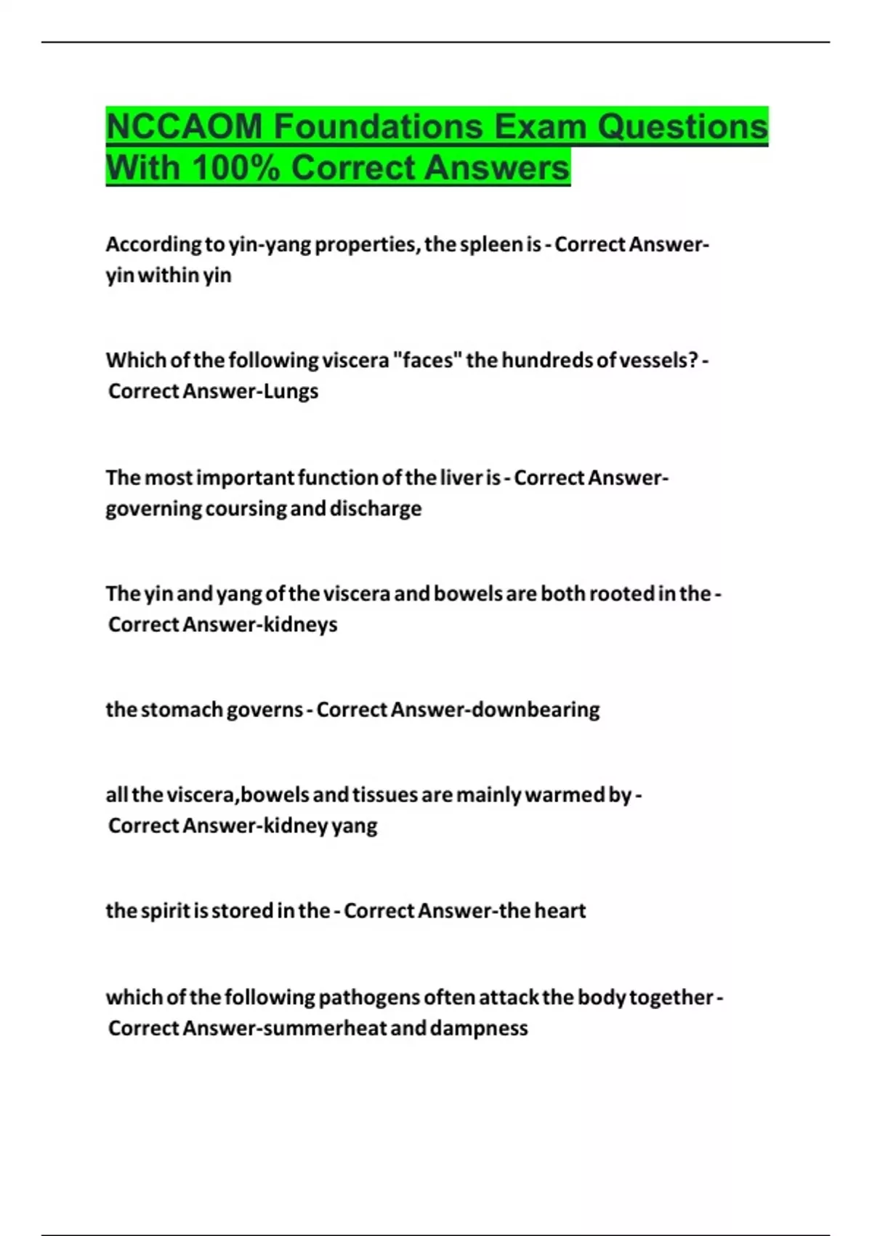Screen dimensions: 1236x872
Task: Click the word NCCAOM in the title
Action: click(x=185, y=127)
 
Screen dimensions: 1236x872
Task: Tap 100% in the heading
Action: click(x=236, y=168)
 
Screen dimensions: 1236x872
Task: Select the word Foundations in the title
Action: click(x=379, y=127)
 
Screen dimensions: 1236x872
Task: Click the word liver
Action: click(x=462, y=478)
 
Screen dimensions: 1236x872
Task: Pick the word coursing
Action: click(x=246, y=508)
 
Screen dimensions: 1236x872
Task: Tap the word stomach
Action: click(x=182, y=710)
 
